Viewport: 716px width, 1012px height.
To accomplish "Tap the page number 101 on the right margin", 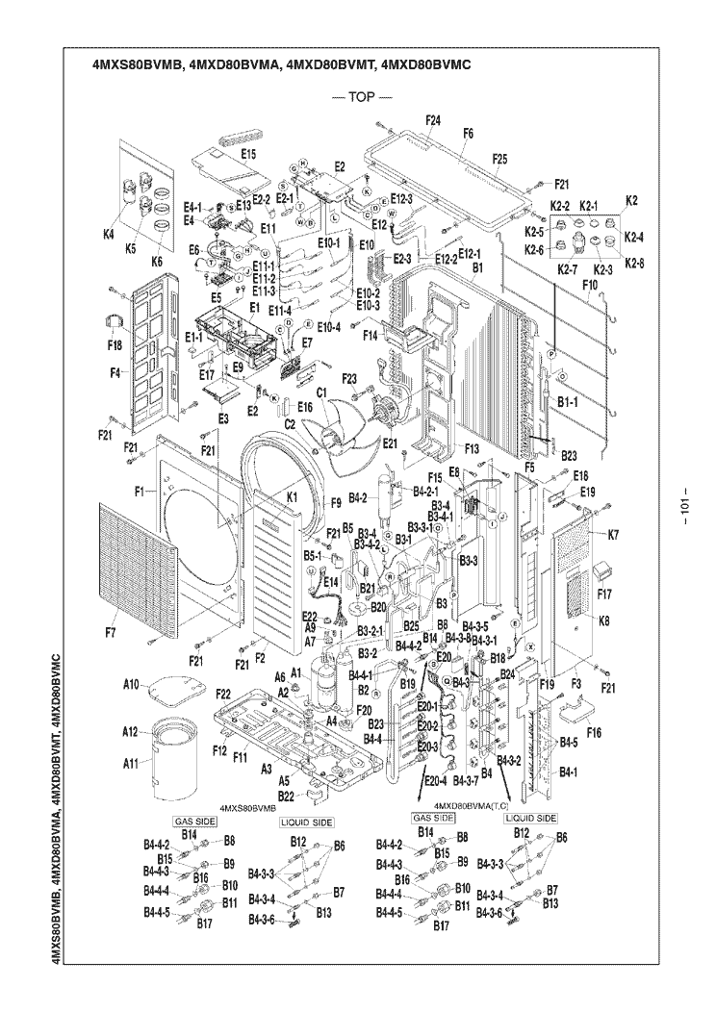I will [x=686, y=507].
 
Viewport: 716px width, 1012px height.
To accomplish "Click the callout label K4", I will [x=109, y=233].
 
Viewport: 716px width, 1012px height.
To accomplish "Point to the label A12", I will [x=131, y=731].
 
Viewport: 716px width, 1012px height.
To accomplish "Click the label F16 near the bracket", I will [x=594, y=733].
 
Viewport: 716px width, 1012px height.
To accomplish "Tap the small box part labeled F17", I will [x=605, y=569].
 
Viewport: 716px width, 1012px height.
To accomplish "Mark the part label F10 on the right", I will [x=591, y=286].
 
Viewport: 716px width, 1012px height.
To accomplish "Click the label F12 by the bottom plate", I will [x=218, y=750].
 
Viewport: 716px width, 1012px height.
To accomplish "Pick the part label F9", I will [x=336, y=502].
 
